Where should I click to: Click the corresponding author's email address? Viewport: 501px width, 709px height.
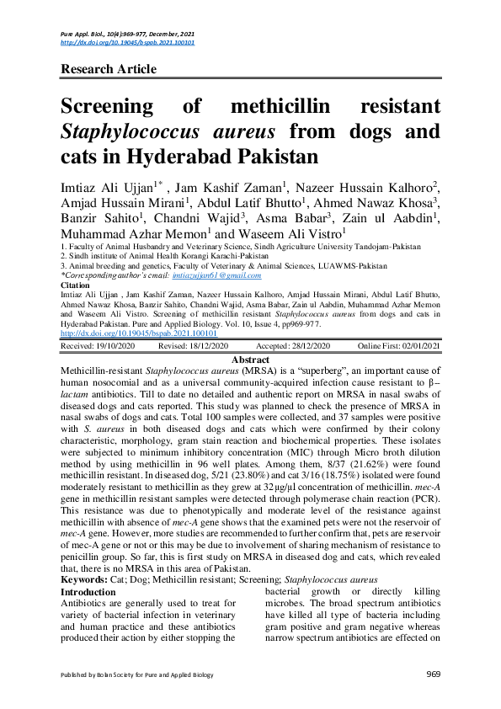[x=216, y=275]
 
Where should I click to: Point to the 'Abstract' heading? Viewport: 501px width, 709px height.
[x=250, y=358]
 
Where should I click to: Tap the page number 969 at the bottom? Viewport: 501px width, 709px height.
[x=434, y=675]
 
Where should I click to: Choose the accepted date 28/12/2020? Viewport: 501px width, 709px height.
[x=301, y=346]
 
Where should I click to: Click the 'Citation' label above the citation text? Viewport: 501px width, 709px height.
[x=76, y=285]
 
